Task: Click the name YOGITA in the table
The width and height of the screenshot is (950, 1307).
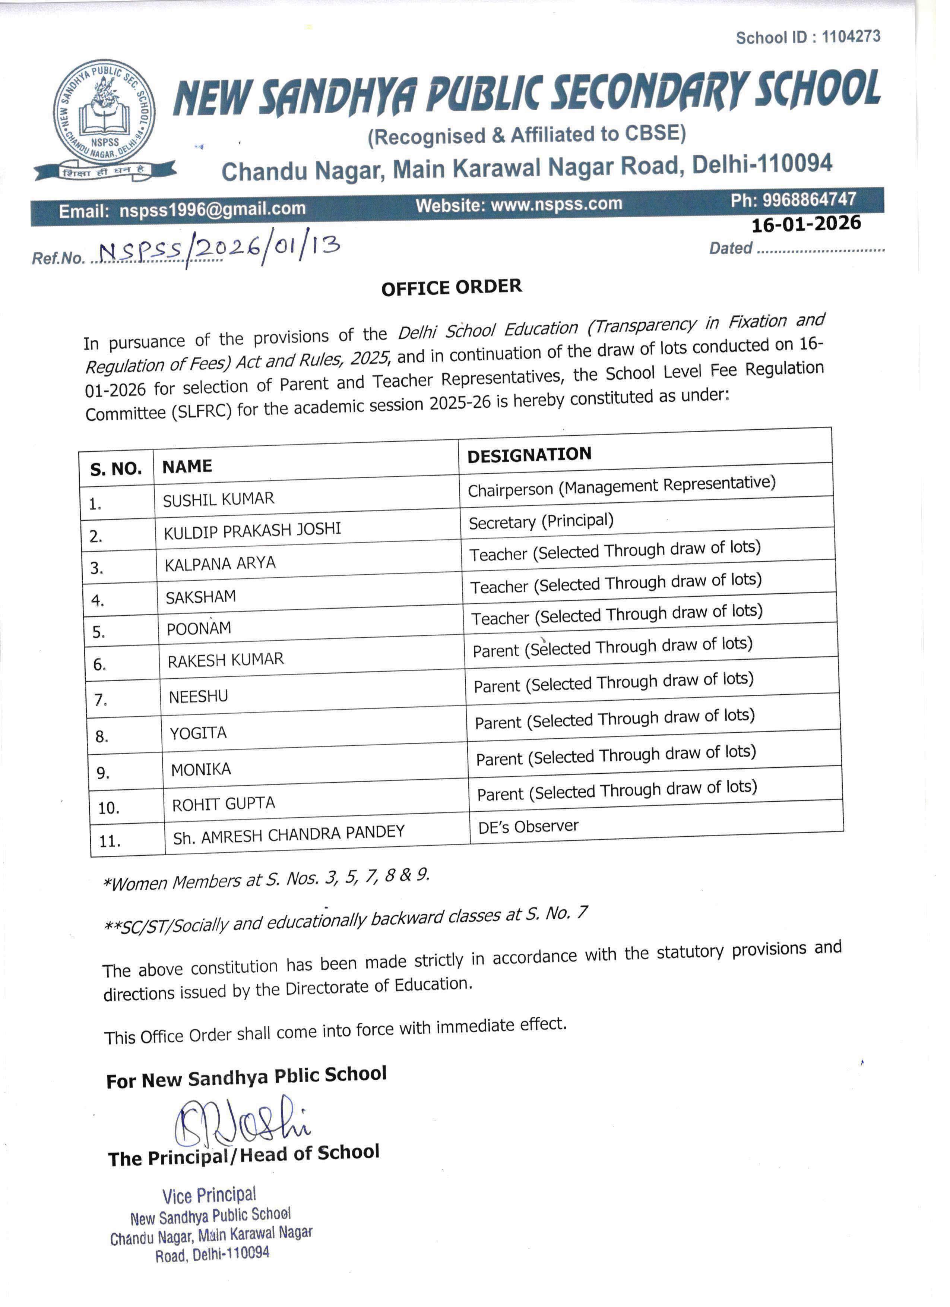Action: point(198,732)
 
